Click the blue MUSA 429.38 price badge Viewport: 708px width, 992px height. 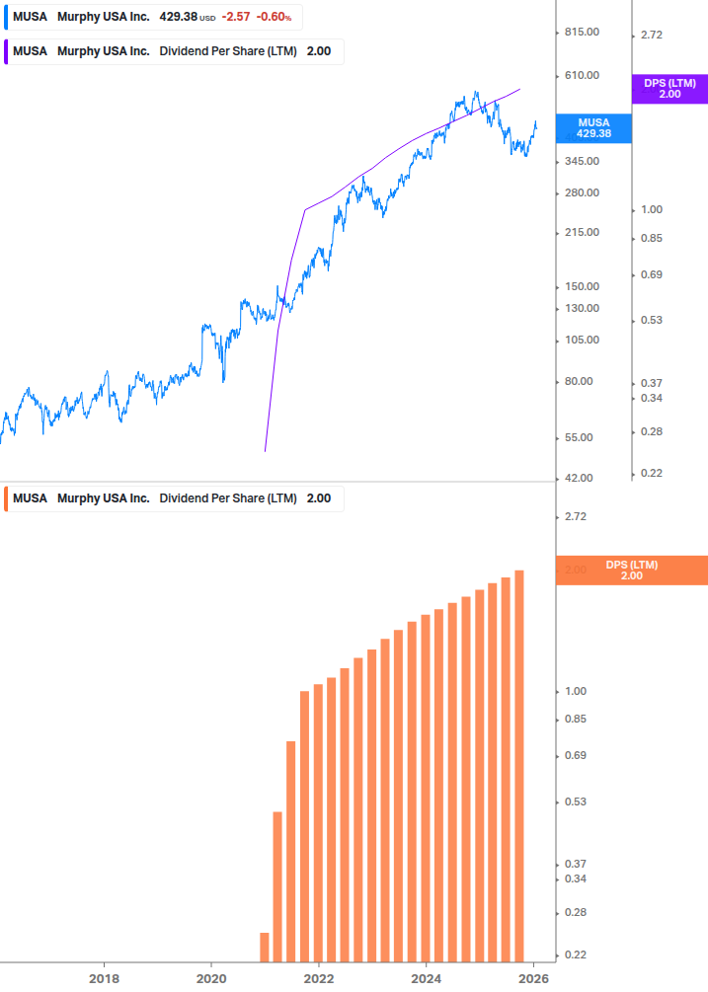pyautogui.click(x=593, y=127)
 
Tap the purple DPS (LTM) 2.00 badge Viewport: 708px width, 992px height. pyautogui.click(x=669, y=89)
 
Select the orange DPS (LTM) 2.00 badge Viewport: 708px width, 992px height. pyautogui.click(x=631, y=571)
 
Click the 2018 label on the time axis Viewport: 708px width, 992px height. pyautogui.click(x=104, y=978)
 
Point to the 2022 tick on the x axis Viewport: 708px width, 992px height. pyautogui.click(x=318, y=978)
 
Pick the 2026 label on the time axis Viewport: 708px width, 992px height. pyautogui.click(x=533, y=978)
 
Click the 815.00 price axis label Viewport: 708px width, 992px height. pyautogui.click(x=582, y=33)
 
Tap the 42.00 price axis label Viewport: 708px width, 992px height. pyautogui.click(x=582, y=479)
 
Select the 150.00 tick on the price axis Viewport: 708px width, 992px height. pyautogui.click(x=582, y=287)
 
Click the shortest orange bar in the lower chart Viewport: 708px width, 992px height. pyautogui.click(x=265, y=946)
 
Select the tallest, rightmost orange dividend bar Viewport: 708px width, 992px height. pyautogui.click(x=518, y=765)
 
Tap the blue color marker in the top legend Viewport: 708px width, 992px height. pyautogui.click(x=6, y=18)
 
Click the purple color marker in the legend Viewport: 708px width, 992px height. pyautogui.click(x=6, y=51)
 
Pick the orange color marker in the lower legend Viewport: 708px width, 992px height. pyautogui.click(x=6, y=498)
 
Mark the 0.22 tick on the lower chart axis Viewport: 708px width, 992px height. pyautogui.click(x=575, y=955)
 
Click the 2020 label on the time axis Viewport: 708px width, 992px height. pyautogui.click(x=211, y=978)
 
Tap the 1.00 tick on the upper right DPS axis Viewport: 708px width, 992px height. pyautogui.click(x=652, y=210)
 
